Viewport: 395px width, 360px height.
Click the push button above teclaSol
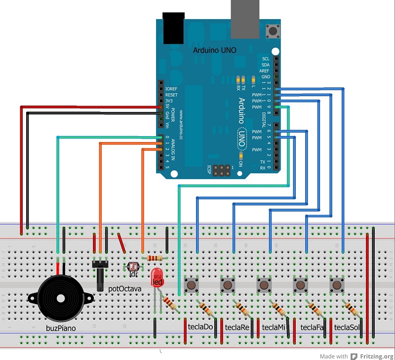[337, 285]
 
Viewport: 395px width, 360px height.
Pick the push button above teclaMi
[264, 285]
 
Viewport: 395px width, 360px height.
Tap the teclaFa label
[312, 327]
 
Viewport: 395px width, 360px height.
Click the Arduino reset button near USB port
[272, 32]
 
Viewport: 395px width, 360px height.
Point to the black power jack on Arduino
[173, 29]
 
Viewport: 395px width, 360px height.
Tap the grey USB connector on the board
[245, 19]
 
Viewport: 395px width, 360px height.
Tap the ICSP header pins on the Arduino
[222, 170]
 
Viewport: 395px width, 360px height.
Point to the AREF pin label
[265, 71]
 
